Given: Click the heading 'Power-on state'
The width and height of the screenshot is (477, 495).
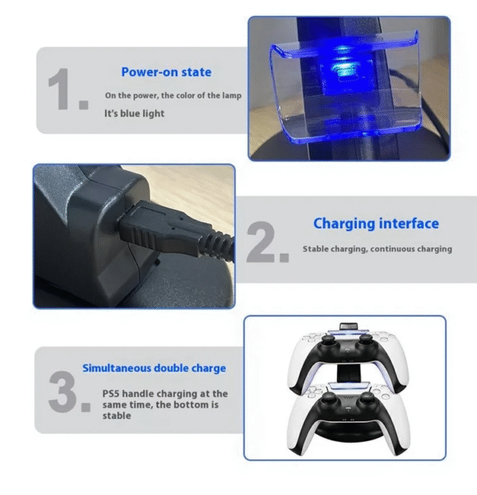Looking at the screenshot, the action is pos(166,72).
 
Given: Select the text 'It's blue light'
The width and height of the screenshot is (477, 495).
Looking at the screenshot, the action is pos(134,114).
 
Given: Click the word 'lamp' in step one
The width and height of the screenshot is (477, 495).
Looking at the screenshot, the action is pos(231,95).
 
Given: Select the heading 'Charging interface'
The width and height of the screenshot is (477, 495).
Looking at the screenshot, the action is pos(376,224).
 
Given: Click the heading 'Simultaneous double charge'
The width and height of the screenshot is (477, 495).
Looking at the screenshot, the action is pos(154,368).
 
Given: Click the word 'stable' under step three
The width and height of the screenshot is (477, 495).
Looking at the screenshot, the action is pos(117,416).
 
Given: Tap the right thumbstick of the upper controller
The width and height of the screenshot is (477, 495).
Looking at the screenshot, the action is pos(366,340).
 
